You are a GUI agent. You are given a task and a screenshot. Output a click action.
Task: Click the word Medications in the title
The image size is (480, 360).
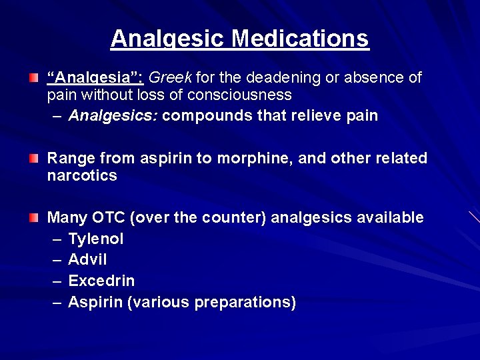pos(300,39)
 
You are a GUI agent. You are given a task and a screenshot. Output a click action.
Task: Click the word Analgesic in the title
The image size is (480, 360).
pos(168,39)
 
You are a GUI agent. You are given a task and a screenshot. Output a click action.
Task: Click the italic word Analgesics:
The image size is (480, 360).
pos(113,116)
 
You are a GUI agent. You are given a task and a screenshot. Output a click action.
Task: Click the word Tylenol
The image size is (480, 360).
pos(96,239)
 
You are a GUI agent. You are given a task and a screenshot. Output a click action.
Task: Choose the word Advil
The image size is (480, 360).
pos(87,259)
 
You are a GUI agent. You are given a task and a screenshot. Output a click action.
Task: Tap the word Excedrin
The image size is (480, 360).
pos(101,281)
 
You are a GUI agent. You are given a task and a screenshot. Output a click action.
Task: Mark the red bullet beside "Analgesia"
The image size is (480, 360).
pos(33,79)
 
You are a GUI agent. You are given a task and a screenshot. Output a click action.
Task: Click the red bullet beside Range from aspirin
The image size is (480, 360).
pos(33,159)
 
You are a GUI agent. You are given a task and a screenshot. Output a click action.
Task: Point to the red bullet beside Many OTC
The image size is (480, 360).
pos(33,217)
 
